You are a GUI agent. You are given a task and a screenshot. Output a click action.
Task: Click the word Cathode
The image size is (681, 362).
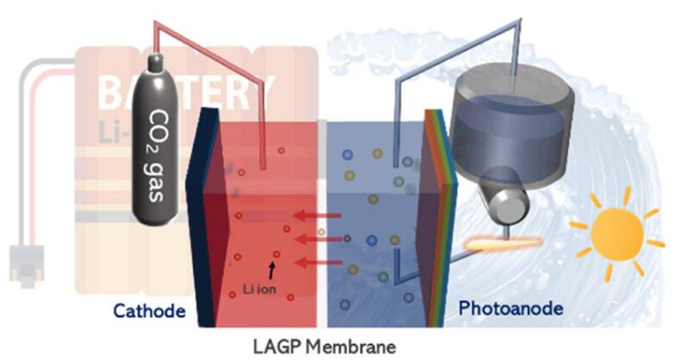(x=148, y=310)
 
